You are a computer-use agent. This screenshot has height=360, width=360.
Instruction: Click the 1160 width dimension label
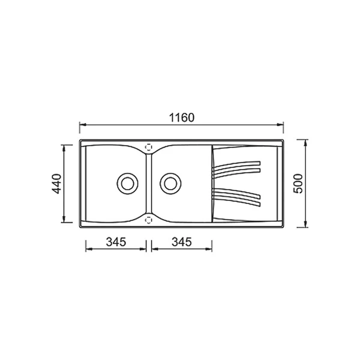pyautogui.click(x=182, y=118)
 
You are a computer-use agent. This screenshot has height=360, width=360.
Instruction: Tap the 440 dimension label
pyautogui.click(x=56, y=184)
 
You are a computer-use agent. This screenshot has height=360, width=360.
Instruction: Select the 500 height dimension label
pyautogui.click(x=298, y=184)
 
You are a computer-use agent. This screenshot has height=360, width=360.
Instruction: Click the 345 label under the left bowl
pyautogui.click(x=116, y=242)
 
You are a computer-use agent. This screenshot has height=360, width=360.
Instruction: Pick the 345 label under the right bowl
pyautogui.click(x=182, y=242)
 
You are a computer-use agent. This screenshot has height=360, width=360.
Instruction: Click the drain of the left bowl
pyautogui.click(x=127, y=184)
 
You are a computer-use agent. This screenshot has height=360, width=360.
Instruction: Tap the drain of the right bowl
pyautogui.click(x=170, y=184)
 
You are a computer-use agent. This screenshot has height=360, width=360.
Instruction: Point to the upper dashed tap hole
pyautogui.click(x=149, y=147)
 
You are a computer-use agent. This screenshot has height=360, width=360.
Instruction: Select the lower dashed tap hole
pyautogui.click(x=149, y=220)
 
